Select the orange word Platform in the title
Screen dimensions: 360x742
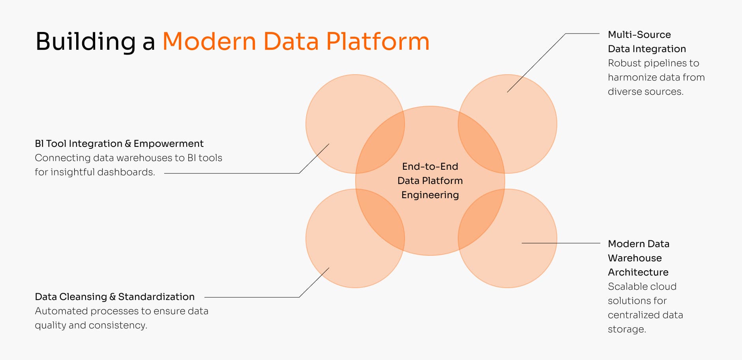pyautogui.click(x=378, y=41)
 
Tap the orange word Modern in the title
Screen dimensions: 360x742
pyautogui.click(x=209, y=41)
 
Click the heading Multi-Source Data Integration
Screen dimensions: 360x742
pyautogui.click(x=646, y=42)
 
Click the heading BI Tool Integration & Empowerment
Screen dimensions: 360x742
pyautogui.click(x=119, y=144)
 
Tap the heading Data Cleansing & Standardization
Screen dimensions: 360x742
pyautogui.click(x=115, y=297)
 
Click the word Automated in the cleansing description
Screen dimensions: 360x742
pyautogui.click(x=61, y=311)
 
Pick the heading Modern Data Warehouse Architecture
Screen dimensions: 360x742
pyautogui.click(x=638, y=258)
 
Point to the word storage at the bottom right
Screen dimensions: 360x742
pyautogui.click(x=626, y=329)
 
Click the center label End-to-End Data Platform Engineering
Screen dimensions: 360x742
pyautogui.click(x=430, y=181)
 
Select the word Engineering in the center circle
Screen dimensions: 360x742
pyautogui.click(x=430, y=195)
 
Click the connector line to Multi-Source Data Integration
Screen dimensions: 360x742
pyautogui.click(x=537, y=62)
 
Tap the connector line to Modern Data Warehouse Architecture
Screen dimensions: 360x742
pyautogui.click(x=560, y=243)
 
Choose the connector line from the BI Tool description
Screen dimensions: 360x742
pyautogui.click(x=233, y=173)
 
